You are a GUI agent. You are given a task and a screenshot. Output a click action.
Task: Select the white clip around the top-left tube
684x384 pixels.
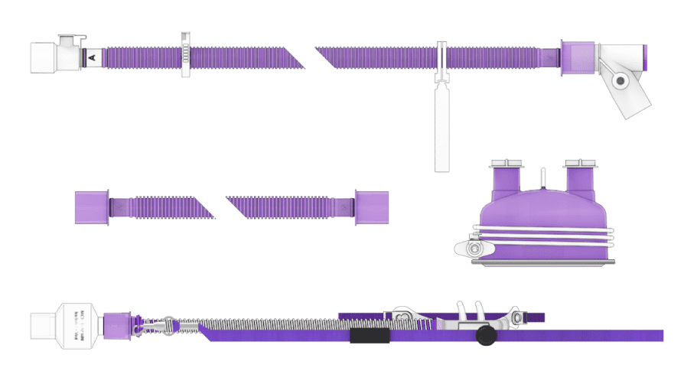[185, 55]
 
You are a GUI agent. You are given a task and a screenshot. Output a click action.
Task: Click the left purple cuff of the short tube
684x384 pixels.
[91, 207]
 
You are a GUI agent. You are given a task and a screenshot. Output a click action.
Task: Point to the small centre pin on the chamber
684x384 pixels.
[542, 177]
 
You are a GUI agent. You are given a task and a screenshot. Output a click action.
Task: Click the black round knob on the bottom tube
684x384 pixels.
[485, 336]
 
